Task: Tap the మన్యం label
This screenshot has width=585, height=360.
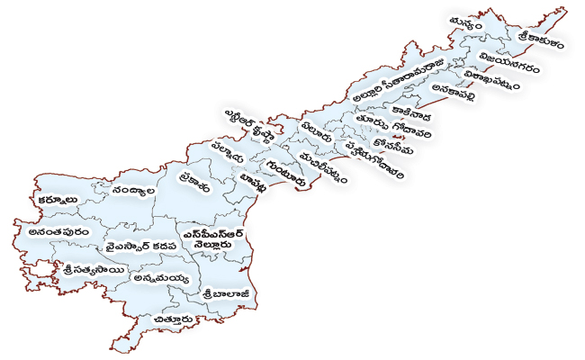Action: tap(469, 23)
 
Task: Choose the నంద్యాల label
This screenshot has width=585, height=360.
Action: tap(136, 192)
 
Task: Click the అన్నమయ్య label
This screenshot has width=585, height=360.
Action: tap(160, 280)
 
